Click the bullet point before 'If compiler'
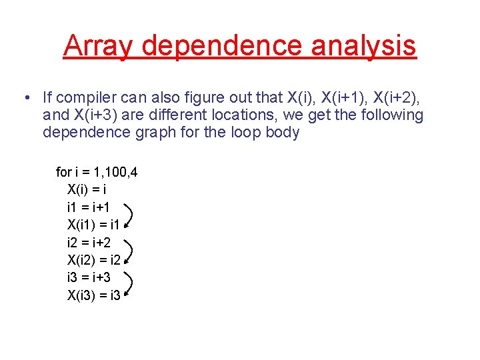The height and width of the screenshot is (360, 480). [25, 98]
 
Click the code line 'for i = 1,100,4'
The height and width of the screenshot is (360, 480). [97, 173]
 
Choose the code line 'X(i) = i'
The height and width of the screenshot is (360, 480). [87, 190]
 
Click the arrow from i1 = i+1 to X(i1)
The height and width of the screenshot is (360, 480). [129, 216]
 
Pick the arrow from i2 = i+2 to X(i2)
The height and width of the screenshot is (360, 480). [129, 251]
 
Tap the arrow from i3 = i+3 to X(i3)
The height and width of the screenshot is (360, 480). [129, 285]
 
